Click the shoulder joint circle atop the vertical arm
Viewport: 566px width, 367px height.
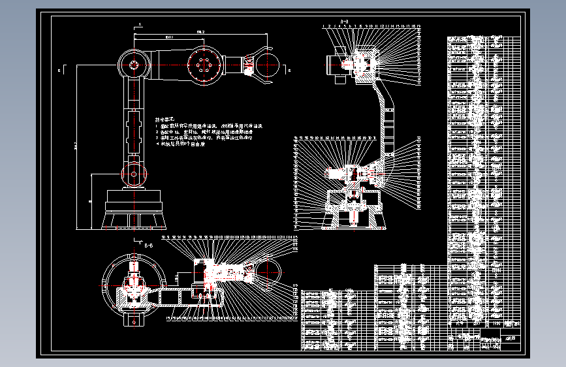133,65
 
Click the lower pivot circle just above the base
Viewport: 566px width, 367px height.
134,174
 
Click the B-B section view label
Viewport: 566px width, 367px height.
148,246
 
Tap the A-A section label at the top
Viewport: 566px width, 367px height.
344,21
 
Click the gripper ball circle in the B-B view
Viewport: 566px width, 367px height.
266,269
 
